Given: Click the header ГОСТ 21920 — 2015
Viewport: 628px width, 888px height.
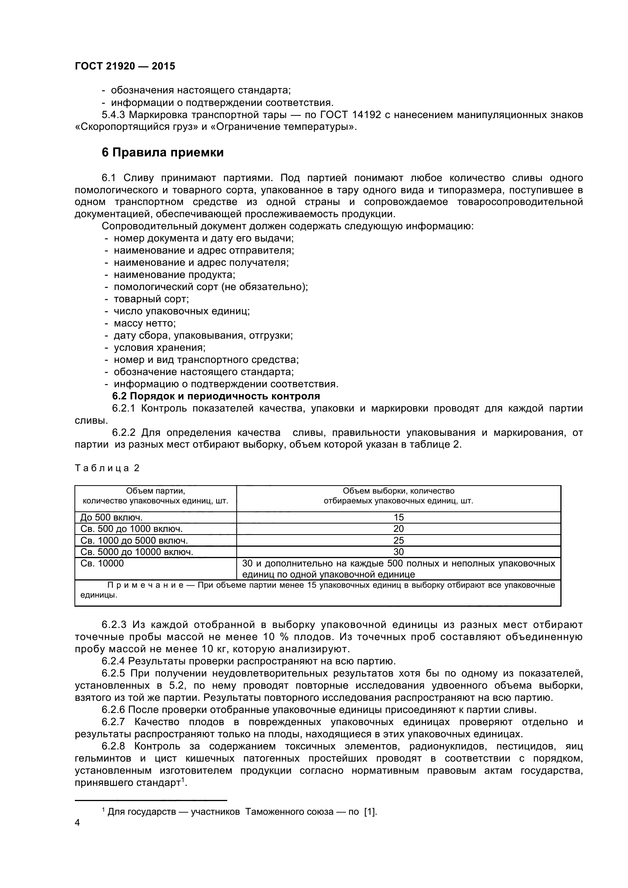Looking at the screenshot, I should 125,66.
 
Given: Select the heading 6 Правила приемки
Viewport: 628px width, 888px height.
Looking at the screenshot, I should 163,153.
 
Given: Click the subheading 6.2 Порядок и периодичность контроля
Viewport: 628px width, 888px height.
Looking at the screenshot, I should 216,396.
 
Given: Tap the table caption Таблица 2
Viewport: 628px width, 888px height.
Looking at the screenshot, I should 107,468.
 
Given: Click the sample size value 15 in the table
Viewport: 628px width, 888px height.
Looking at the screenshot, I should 398,517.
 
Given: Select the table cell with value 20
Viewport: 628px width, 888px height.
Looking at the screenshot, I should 398,529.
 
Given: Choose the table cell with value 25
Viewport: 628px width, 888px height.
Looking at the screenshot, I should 398,540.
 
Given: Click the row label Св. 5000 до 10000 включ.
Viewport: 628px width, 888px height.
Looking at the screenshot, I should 137,552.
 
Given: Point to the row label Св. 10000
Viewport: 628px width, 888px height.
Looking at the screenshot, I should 102,563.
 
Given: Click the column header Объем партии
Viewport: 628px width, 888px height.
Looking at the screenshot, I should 155,491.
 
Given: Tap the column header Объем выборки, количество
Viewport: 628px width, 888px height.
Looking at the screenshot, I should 398,491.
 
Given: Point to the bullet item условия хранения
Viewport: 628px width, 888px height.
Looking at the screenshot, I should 160,348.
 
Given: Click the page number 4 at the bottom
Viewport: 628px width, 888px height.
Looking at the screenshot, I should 78,823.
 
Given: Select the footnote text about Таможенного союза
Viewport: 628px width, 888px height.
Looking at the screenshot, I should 240,812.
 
